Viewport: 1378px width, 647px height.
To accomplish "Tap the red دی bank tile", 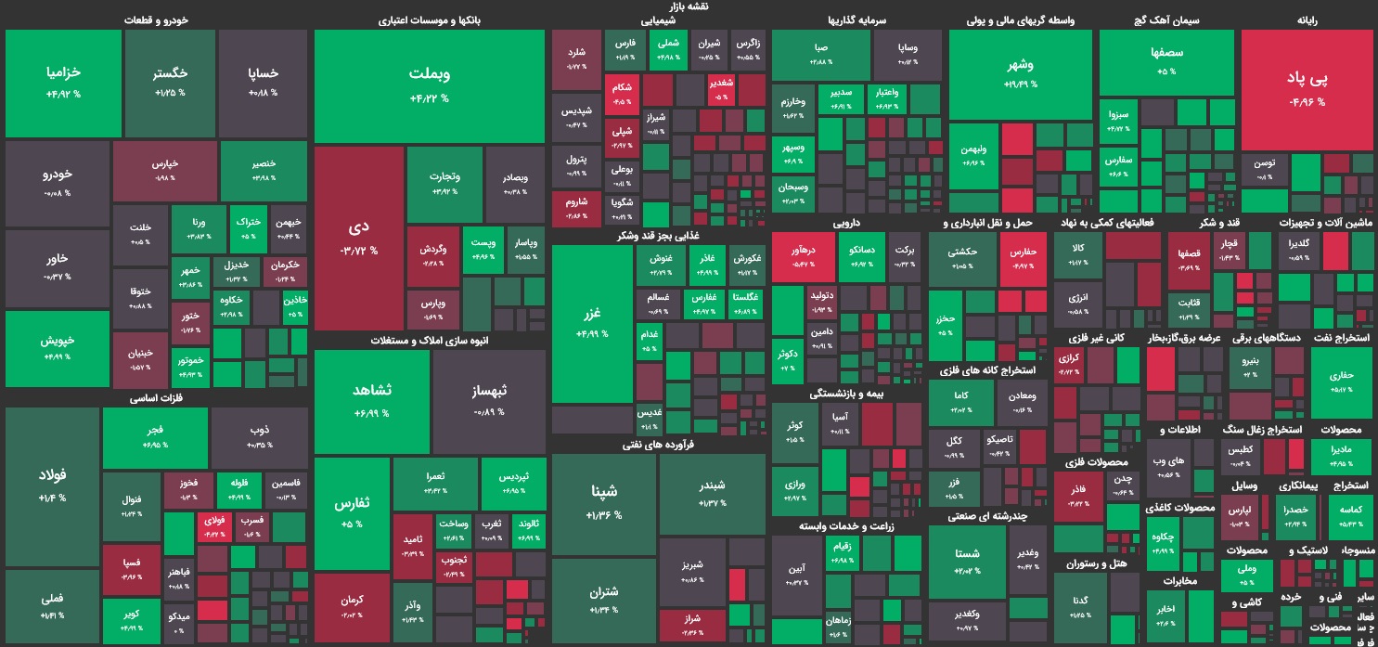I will coord(359,238).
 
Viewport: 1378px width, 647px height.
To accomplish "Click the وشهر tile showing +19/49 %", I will coord(1020,74).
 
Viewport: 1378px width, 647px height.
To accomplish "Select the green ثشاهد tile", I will coord(371,399).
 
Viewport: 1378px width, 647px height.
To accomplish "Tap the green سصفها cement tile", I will coord(1166,61).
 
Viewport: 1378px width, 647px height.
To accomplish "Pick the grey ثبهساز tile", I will coord(488,399).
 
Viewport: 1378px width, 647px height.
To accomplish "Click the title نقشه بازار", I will coord(688,6).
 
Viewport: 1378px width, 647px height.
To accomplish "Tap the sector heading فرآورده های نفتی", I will coord(658,445).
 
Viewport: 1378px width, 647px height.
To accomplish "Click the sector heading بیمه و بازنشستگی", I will coord(846,394).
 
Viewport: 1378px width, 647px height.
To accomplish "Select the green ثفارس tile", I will coord(352,511).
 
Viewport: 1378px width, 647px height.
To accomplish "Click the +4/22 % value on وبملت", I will coord(429,97).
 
